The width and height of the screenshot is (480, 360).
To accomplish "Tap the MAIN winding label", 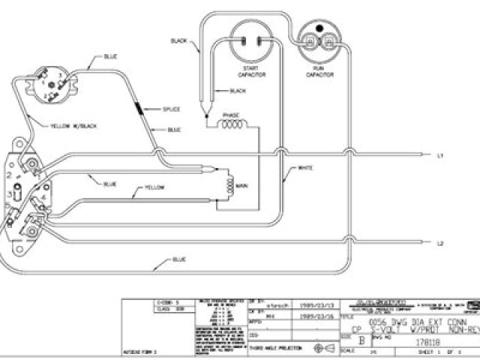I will pos(242,184).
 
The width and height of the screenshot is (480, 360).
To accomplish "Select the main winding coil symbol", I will pos(226,184).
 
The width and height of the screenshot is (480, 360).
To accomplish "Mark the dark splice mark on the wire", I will pos(140,109).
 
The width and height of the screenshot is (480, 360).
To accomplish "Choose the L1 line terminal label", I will pos(441,156).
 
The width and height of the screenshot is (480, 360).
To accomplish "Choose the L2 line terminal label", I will pos(441,244).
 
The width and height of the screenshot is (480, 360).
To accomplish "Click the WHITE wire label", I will pos(305,167).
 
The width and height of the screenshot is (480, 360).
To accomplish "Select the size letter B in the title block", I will pos(365,339).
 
